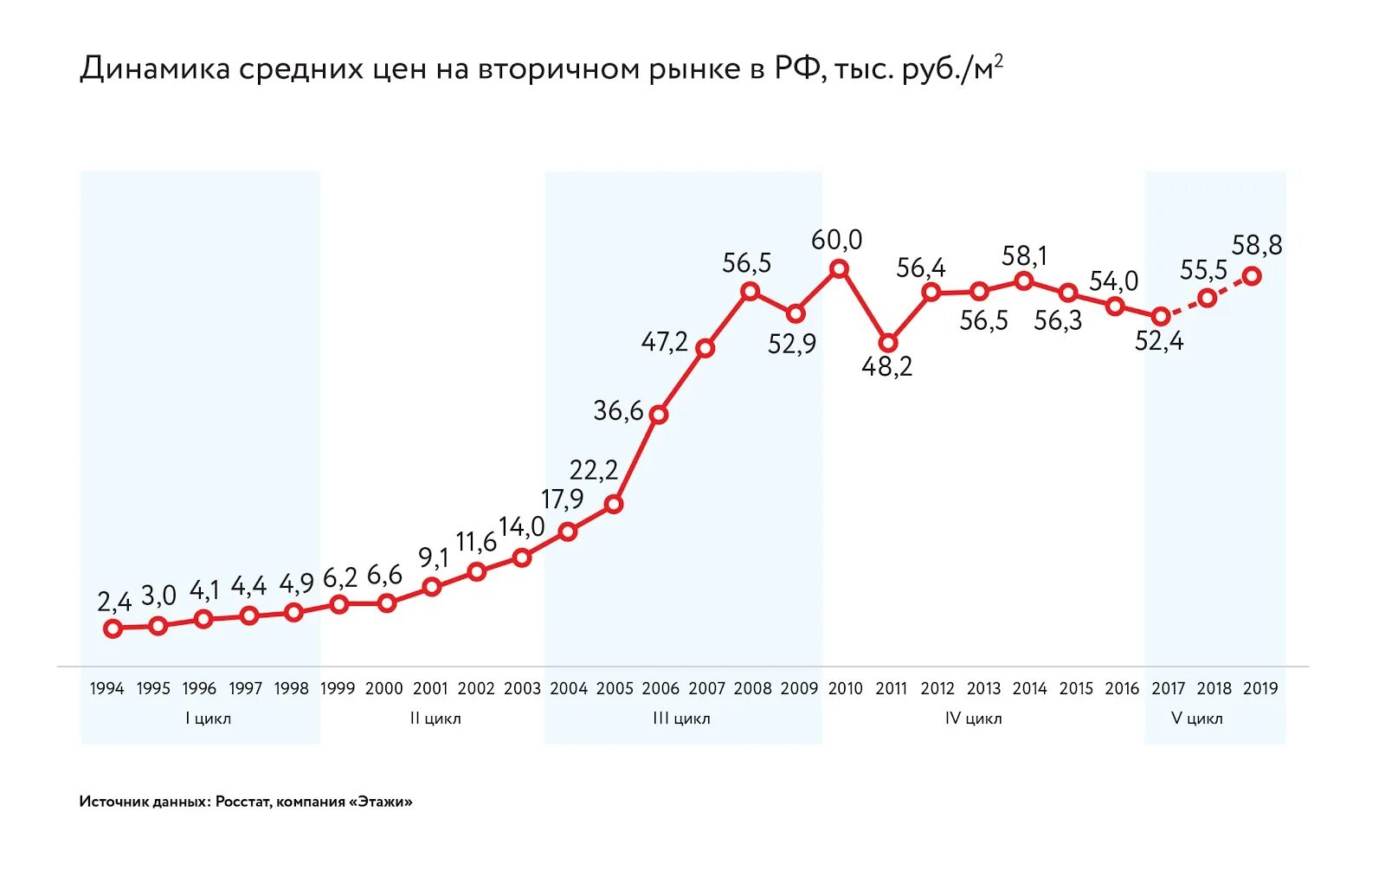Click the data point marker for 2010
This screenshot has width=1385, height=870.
[839, 269]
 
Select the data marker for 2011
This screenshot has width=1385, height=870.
[887, 344]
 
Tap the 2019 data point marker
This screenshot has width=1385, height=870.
[1252, 276]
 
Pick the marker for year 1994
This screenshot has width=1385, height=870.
[113, 628]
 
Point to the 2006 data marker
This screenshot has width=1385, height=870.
[659, 415]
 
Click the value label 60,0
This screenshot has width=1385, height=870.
[836, 240]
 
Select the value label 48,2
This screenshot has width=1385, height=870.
[886, 367]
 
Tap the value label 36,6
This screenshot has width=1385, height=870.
[618, 410]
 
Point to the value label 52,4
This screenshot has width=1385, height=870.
[1159, 341]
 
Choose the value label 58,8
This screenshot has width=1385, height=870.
[1257, 246]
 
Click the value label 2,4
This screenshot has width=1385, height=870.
[114, 601]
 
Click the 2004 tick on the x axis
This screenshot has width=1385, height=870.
[569, 689]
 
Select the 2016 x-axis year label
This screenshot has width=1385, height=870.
[1122, 689]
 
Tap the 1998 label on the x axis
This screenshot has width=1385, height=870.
[292, 689]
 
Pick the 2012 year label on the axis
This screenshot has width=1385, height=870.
[937, 689]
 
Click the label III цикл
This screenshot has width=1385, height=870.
[681, 719]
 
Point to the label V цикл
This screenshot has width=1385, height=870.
[1196, 719]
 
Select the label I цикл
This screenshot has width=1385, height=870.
[208, 719]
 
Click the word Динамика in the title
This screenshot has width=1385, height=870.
[155, 69]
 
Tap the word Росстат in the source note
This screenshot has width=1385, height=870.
[243, 802]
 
